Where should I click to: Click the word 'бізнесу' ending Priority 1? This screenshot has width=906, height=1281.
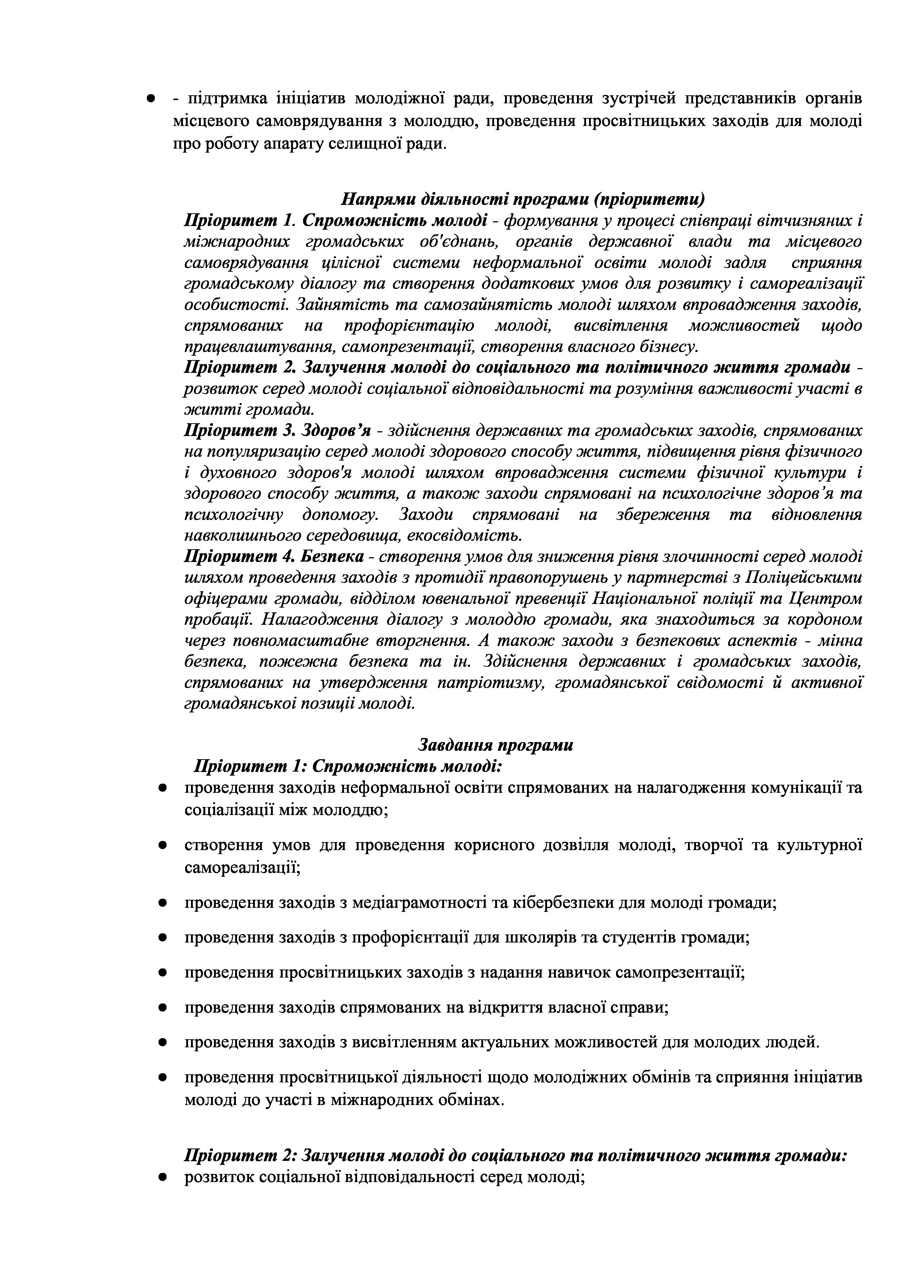pos(669,347)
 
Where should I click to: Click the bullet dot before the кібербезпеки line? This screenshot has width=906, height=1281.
pos(162,903)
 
